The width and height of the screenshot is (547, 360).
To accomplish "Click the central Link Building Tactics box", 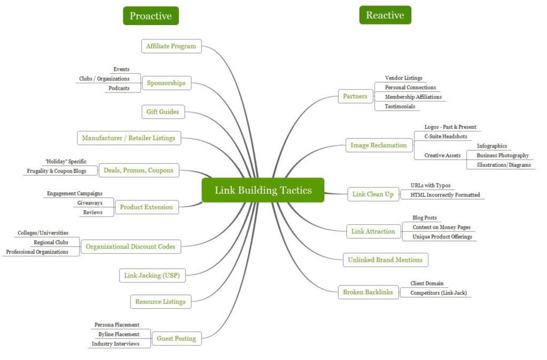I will pyautogui.click(x=263, y=190).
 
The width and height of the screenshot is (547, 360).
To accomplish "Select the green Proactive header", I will pyautogui.click(x=151, y=15).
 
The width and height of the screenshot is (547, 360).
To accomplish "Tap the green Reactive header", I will pyautogui.click(x=385, y=15).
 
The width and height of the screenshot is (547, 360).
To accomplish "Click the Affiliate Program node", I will pyautogui.click(x=171, y=46).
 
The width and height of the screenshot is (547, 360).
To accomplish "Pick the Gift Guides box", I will pyautogui.click(x=163, y=112).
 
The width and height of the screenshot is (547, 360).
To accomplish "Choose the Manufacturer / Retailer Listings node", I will pyautogui.click(x=128, y=138).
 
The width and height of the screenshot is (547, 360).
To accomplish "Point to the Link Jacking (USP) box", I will pyautogui.click(x=152, y=276).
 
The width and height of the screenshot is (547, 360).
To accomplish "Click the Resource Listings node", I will pyautogui.click(x=160, y=302).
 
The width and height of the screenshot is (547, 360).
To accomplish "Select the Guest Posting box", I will pyautogui.click(x=176, y=338).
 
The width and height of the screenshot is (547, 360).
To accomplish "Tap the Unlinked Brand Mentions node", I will pyautogui.click(x=385, y=260).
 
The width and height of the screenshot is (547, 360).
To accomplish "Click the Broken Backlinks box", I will pyautogui.click(x=368, y=292).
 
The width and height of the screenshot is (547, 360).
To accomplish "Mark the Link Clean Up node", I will pyautogui.click(x=373, y=194).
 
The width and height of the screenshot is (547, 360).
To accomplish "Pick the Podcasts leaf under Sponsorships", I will pyautogui.click(x=119, y=88).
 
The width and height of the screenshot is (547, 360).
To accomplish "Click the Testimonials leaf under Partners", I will pyautogui.click(x=400, y=106).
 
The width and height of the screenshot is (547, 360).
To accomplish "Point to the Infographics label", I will pyautogui.click(x=491, y=146).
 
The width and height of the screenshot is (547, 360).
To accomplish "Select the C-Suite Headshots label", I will pyautogui.click(x=446, y=137).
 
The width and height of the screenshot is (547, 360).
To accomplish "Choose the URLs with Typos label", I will pyautogui.click(x=430, y=185).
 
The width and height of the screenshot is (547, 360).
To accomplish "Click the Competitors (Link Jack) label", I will pyautogui.click(x=439, y=293).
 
